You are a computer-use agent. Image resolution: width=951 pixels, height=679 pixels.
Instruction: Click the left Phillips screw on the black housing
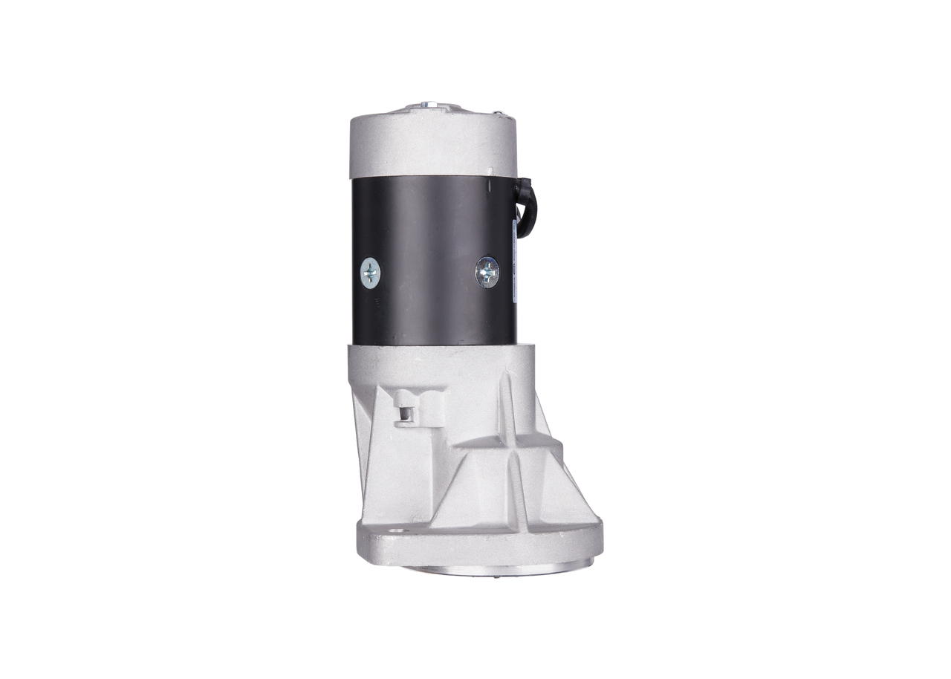pyautogui.click(x=370, y=273)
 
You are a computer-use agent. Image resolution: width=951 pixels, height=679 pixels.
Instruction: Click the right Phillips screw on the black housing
pyautogui.click(x=487, y=272)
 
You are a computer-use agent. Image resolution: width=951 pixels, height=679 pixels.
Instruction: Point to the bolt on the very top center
pyautogui.click(x=424, y=105)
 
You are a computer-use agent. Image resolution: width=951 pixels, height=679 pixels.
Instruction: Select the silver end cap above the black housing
pyautogui.click(x=432, y=145)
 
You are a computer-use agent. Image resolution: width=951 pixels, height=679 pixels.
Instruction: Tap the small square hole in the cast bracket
pyautogui.click(x=406, y=413)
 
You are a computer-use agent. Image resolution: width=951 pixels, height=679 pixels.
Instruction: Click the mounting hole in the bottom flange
pyautogui.click(x=395, y=532)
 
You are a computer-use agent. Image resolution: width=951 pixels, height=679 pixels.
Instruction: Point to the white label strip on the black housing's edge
pyautogui.click(x=515, y=260)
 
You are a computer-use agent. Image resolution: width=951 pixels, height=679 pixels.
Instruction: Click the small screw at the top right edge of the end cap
pyautogui.click(x=500, y=114)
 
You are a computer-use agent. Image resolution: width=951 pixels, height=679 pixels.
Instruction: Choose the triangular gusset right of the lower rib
pyautogui.click(x=554, y=494)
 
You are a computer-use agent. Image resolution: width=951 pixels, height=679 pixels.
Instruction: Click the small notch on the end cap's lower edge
pyautogui.click(x=491, y=172)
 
